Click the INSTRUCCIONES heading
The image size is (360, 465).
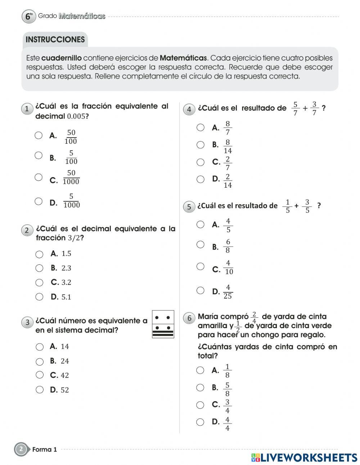click(x=55, y=40)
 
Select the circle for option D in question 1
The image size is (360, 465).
click(x=39, y=201)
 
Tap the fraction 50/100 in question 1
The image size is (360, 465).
click(x=71, y=137)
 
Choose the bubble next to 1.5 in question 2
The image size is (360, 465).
click(x=39, y=254)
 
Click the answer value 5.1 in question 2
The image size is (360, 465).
click(x=66, y=297)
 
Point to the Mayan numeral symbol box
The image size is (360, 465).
click(x=163, y=324)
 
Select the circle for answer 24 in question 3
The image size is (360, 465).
click(x=40, y=361)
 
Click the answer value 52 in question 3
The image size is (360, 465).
click(x=65, y=390)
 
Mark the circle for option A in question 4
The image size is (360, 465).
click(x=201, y=128)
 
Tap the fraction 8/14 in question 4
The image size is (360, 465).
click(x=228, y=147)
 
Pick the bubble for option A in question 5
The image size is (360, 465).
click(x=201, y=224)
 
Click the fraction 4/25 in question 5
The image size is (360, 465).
click(x=228, y=292)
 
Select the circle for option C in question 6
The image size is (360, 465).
click(x=200, y=405)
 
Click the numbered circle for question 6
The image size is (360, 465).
click(x=189, y=318)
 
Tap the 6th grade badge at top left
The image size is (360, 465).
click(x=29, y=17)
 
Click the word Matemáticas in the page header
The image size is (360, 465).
click(x=82, y=16)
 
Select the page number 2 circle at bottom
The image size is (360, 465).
click(x=21, y=449)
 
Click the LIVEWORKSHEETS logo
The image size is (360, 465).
click(x=304, y=457)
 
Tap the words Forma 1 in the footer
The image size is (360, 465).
click(x=45, y=450)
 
